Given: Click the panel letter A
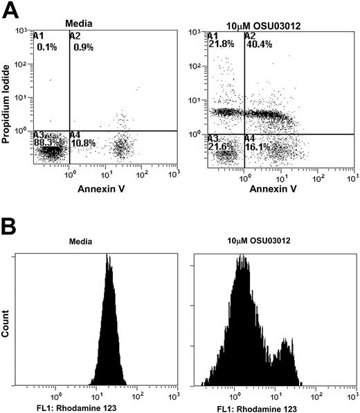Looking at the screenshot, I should click(10, 10).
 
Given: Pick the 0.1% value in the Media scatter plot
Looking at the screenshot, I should click(47, 46).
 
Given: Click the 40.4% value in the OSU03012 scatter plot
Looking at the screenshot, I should click(259, 43).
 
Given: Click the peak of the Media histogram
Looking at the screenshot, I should click(108, 255).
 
